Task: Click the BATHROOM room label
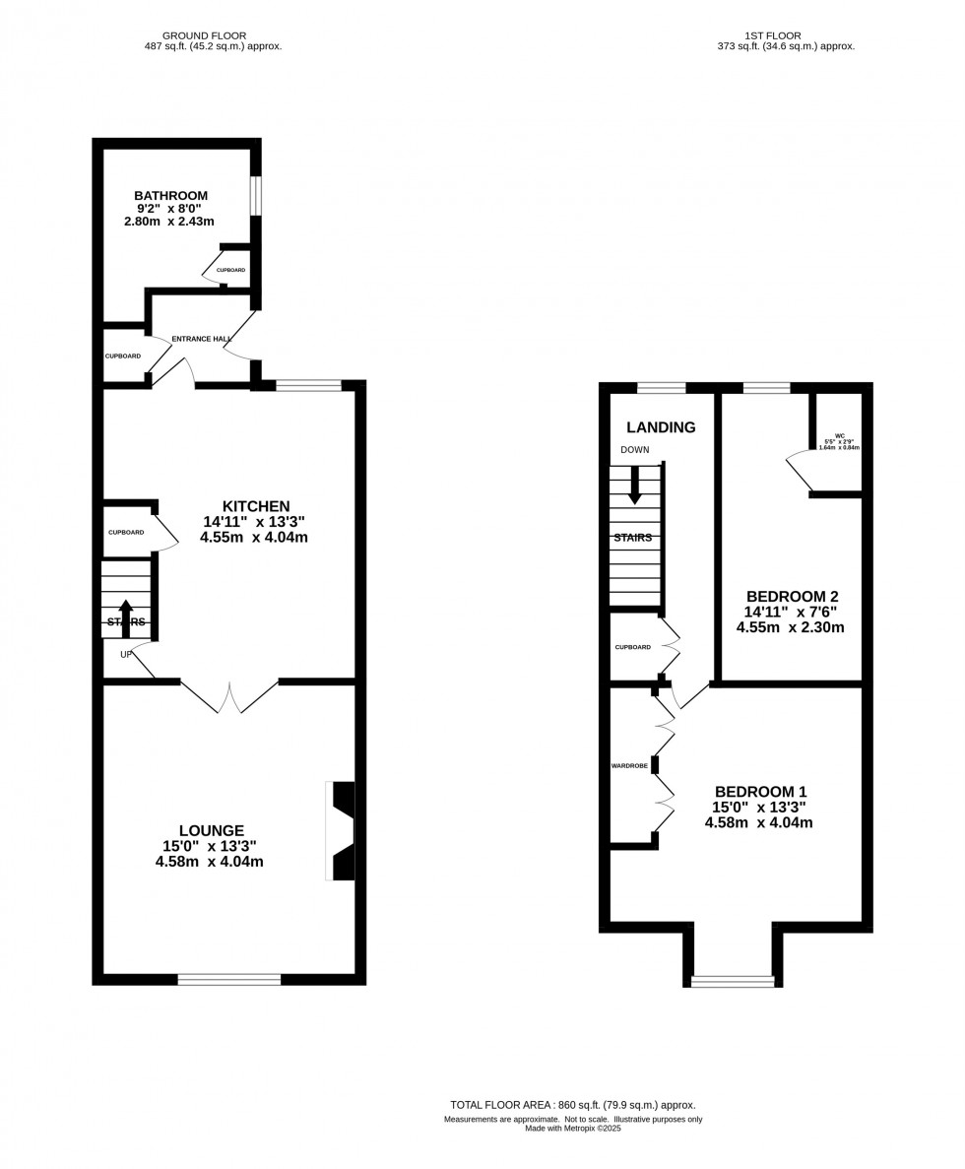tap(170, 196)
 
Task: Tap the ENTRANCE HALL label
tap(201, 339)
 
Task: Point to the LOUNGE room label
tap(211, 830)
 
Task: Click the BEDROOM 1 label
tap(760, 792)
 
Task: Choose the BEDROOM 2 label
tap(792, 596)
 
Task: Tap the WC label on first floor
tap(839, 435)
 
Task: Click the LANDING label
tap(661, 427)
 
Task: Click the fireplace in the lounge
tap(342, 830)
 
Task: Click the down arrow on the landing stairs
tap(635, 485)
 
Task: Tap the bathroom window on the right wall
tap(256, 195)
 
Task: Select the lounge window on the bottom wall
tap(228, 979)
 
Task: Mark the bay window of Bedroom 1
tap(733, 980)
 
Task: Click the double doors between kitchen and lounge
tap(229, 696)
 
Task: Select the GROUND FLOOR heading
tap(204, 35)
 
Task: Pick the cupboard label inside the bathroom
tap(231, 270)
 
